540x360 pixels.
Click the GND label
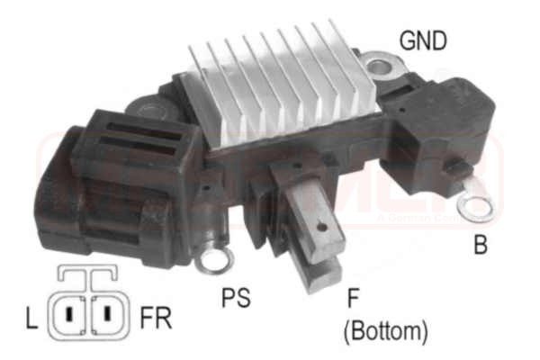coord(423,40)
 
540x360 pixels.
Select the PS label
coord(235,297)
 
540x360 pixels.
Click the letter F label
coord(354,298)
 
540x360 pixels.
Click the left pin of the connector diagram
coord(69,316)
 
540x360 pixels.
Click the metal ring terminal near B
coord(475,207)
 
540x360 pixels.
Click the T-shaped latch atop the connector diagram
coord(87,274)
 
